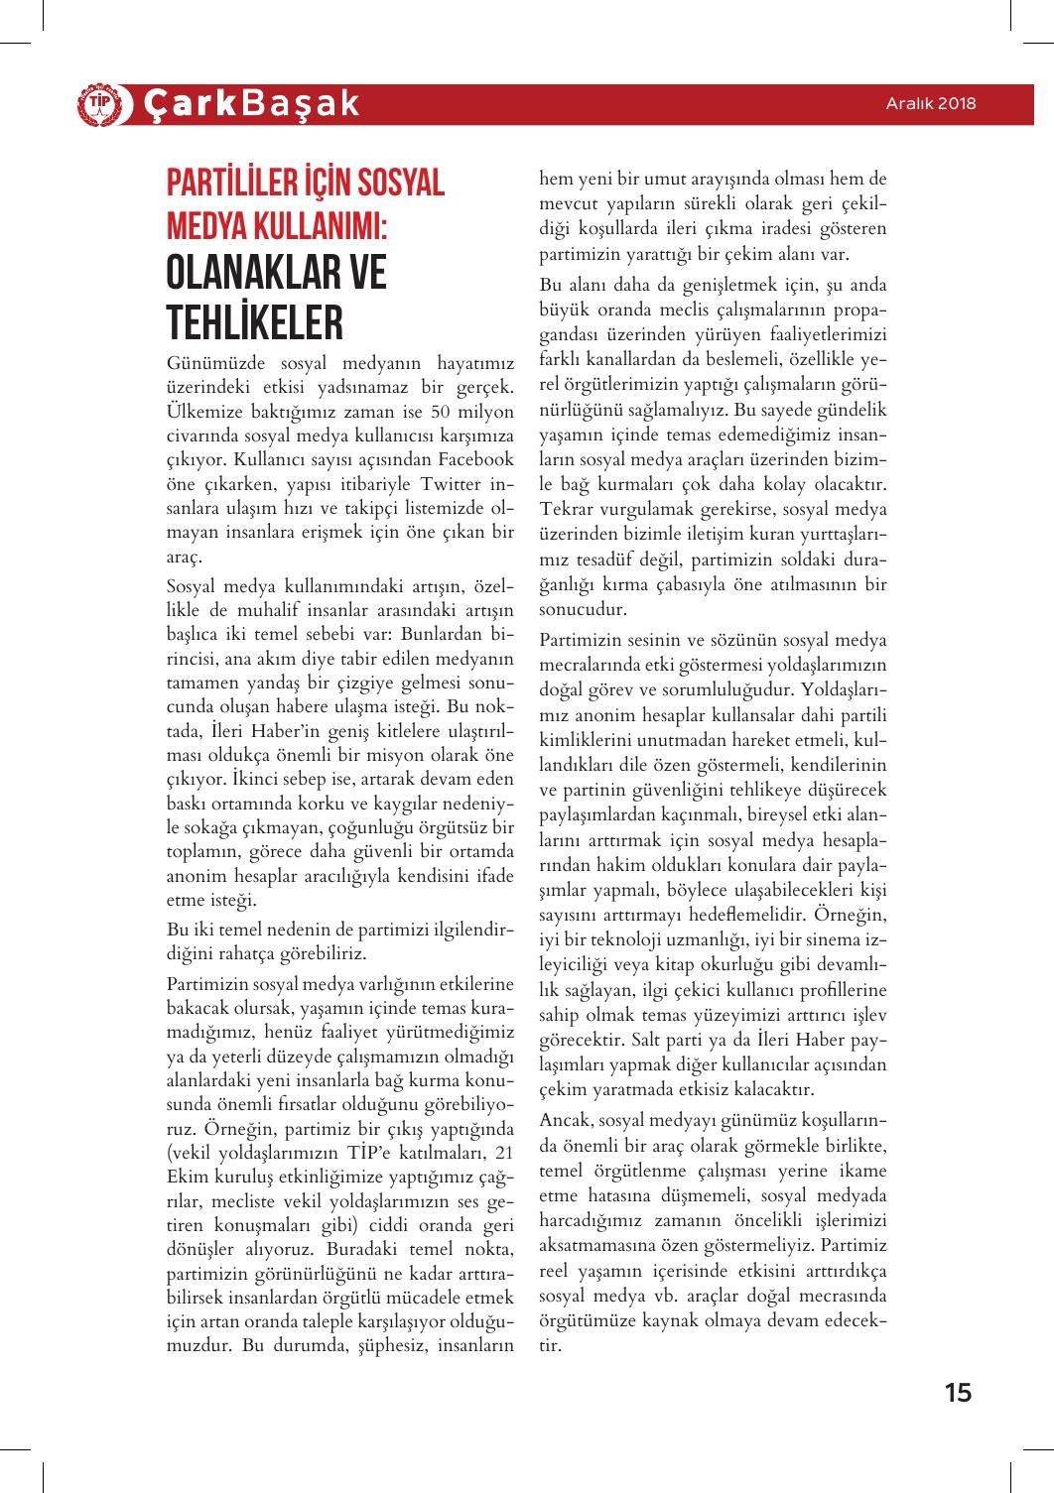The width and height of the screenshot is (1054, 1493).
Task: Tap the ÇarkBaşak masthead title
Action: [x=249, y=104]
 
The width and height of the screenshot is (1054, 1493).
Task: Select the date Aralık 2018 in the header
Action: [x=931, y=103]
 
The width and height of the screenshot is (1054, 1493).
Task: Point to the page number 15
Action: [x=958, y=1392]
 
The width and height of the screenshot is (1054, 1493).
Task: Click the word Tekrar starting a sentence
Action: [x=568, y=509]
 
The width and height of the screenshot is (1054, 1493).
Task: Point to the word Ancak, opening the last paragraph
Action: [x=567, y=1119]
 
